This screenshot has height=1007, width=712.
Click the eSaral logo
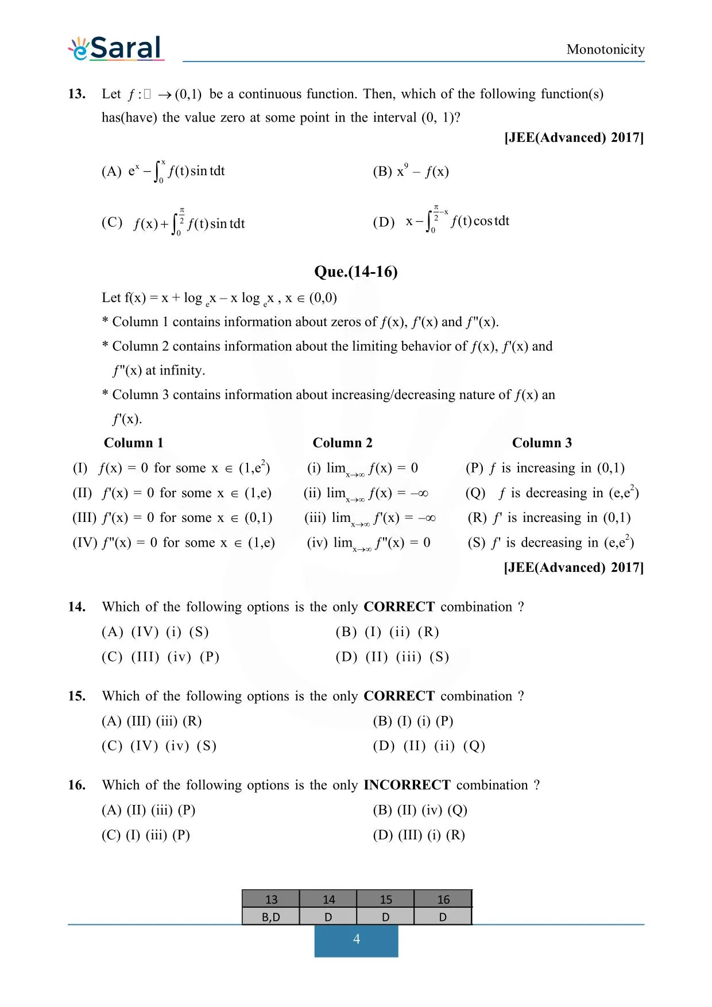pos(117,48)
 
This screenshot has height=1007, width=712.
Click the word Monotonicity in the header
pos(605,49)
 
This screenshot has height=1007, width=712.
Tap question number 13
pos(77,94)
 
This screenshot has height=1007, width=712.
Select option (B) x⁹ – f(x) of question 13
pos(411,171)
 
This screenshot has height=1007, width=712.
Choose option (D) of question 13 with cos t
pos(441,222)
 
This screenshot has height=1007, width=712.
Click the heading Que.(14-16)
pos(355,272)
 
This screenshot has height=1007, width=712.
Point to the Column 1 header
pos(133,443)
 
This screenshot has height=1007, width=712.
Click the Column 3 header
pos(541,443)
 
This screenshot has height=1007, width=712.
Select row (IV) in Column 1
pos(173,543)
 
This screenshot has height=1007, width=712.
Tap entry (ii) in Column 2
pos(366,493)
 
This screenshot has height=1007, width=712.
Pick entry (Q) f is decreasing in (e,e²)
pos(552,493)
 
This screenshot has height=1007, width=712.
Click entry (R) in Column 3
pos(549,518)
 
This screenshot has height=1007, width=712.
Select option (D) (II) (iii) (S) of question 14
pos(392,657)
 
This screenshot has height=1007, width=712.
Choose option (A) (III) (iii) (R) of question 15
pos(152,721)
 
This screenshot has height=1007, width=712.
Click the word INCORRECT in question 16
pos(407,785)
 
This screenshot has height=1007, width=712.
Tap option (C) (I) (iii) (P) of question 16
pos(146,835)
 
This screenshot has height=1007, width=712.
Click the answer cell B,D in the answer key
pos(270,917)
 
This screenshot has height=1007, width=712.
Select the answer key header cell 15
pos(385,900)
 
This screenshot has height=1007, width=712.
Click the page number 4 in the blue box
pos(356,939)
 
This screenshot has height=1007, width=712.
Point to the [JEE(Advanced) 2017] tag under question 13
pos(574,138)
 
